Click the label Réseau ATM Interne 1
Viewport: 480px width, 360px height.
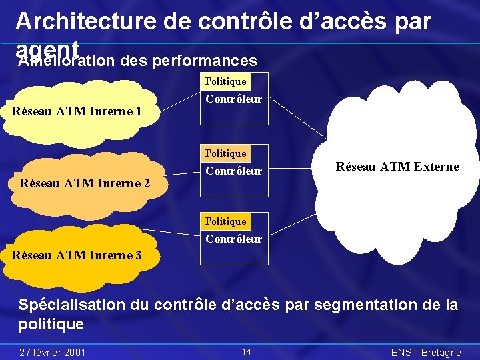pyautogui.click(x=77, y=111)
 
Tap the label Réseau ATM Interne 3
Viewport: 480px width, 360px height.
pyautogui.click(x=77, y=254)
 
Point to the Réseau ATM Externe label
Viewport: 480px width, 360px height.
pyautogui.click(x=397, y=167)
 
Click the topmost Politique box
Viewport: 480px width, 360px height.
pyautogui.click(x=225, y=81)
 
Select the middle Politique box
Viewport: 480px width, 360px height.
pyautogui.click(x=225, y=153)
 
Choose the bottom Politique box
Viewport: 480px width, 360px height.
pyautogui.click(x=225, y=221)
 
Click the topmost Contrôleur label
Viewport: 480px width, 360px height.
pyautogui.click(x=233, y=99)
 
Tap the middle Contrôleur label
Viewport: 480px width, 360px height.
pyautogui.click(x=233, y=171)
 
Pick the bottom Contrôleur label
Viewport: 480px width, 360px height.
pyautogui.click(x=233, y=239)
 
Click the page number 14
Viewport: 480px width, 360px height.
pyautogui.click(x=246, y=352)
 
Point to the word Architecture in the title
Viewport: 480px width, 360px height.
pyautogui.click(x=87, y=21)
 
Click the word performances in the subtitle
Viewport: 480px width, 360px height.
pyautogui.click(x=205, y=61)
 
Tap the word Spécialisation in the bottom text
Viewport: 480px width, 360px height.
pyautogui.click(x=71, y=305)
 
